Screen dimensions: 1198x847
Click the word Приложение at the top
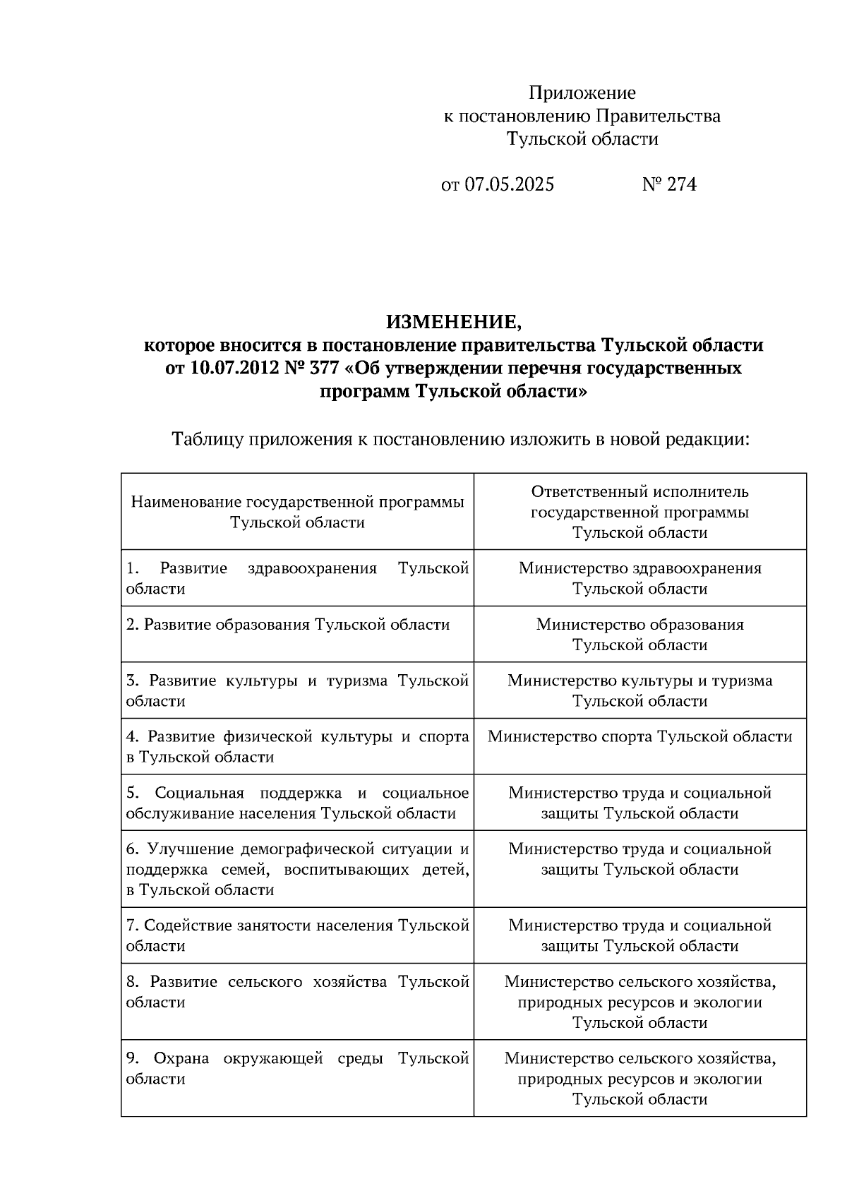click(x=582, y=93)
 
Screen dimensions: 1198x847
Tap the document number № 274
click(x=669, y=185)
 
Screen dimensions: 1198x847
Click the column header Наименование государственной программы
click(x=297, y=503)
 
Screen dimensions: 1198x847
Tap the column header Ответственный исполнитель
click(x=639, y=492)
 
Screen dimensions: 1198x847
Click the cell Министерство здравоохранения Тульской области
click(x=639, y=578)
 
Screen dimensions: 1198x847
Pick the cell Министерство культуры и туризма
click(x=639, y=681)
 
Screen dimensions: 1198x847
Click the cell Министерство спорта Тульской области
click(x=639, y=737)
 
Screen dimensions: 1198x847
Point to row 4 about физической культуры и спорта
click(x=296, y=747)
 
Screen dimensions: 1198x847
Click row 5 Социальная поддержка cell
click(x=296, y=803)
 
